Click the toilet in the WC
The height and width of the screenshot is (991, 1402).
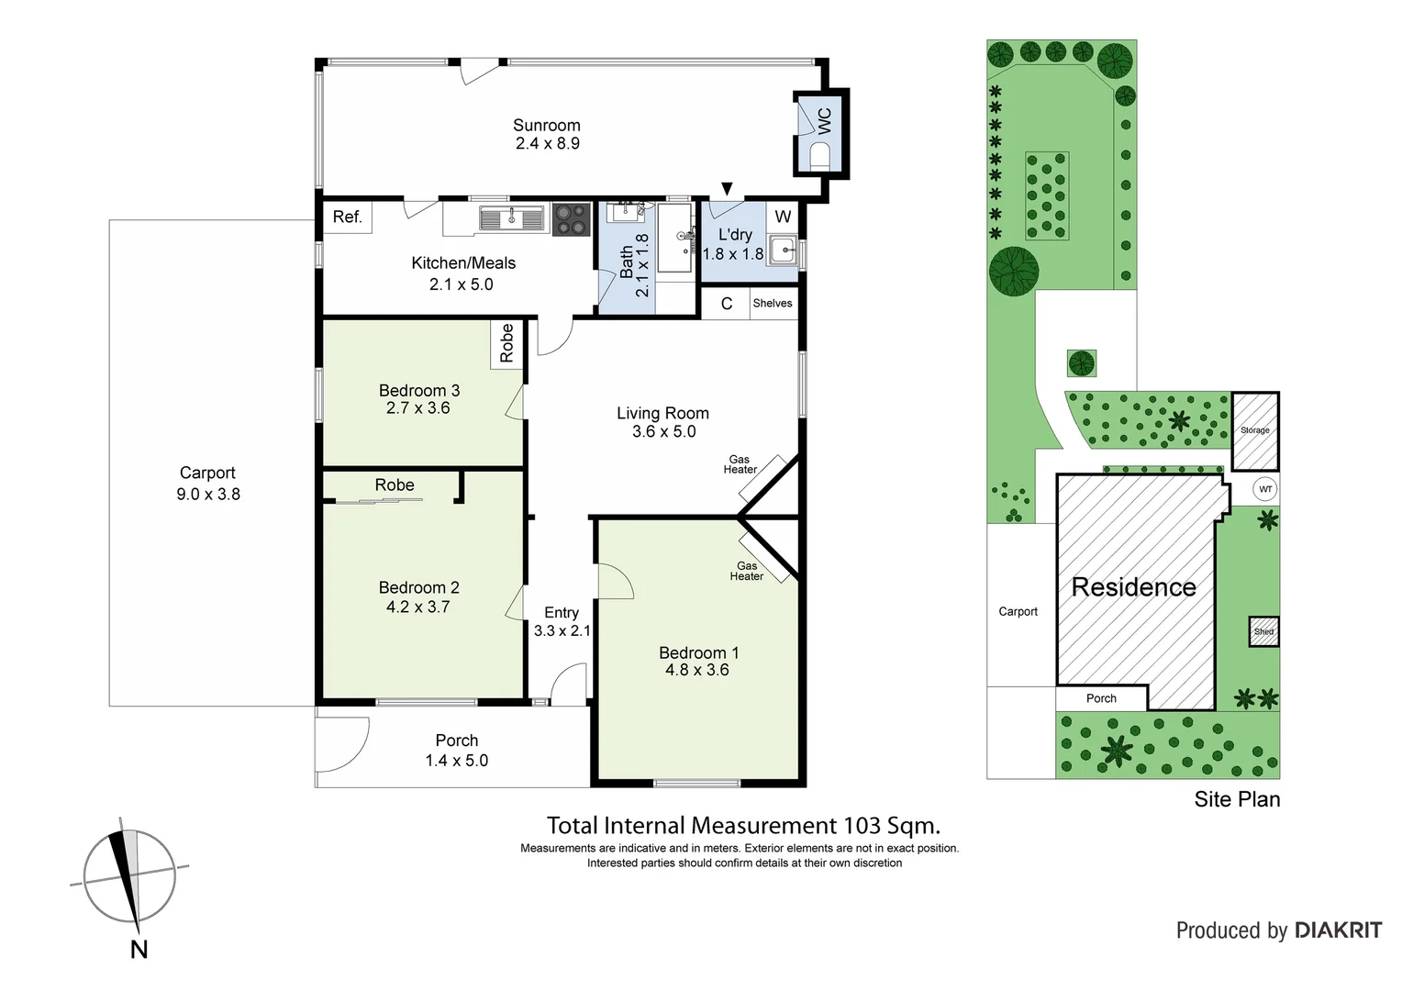821,153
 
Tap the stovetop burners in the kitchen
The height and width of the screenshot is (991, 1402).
572,218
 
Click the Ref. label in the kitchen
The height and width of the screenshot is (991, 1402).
348,217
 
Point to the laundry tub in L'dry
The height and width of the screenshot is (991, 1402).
783,249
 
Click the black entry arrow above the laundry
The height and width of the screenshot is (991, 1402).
728,188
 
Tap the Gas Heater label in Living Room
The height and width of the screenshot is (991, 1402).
740,464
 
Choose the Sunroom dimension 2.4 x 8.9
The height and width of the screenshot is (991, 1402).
547,144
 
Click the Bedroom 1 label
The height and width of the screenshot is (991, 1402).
698,652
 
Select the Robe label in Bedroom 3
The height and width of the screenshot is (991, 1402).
506,343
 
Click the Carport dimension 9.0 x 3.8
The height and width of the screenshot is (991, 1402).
208,494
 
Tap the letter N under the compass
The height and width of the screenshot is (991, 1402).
139,950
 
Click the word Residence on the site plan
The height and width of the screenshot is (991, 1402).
1133,587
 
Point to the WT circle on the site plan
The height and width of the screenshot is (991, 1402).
1265,489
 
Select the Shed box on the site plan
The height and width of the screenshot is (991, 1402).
1263,631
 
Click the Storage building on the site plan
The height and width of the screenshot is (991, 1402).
1254,430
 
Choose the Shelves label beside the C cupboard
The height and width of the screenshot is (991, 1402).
772,303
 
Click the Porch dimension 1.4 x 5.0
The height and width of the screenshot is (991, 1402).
456,761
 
